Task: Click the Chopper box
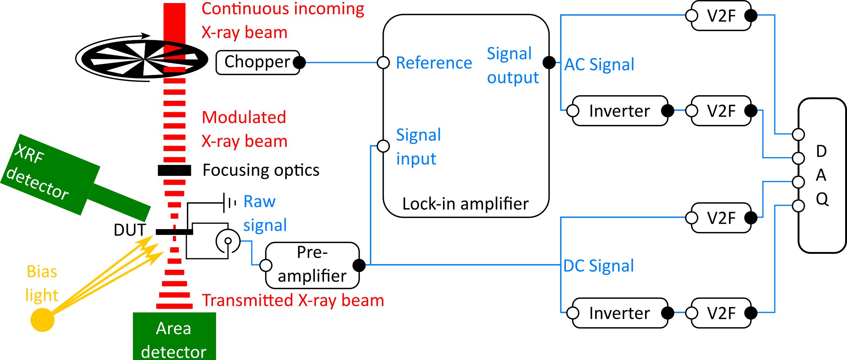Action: (257, 62)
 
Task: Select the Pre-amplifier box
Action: (312, 265)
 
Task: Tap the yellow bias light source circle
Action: (42, 320)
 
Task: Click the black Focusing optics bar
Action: (174, 170)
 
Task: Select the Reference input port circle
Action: (383, 62)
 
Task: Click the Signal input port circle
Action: (383, 146)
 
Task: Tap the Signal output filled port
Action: (549, 62)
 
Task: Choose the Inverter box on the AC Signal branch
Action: (620, 111)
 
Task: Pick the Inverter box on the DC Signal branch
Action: (620, 313)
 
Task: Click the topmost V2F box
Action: (721, 16)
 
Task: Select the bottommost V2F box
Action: (721, 313)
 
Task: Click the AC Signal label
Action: (599, 64)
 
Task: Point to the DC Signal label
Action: (598, 266)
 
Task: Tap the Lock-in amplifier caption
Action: (465, 204)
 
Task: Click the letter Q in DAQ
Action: (822, 199)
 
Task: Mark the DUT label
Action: (130, 230)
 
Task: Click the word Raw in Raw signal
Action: (259, 201)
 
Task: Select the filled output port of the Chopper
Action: (300, 62)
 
